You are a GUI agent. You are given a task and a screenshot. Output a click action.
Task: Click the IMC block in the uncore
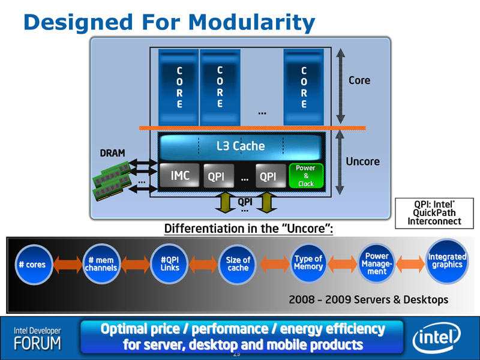pyautogui.click(x=179, y=175)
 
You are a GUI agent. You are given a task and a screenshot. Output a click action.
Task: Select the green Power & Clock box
pyautogui.click(x=306, y=176)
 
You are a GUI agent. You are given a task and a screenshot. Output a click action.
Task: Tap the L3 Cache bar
pyautogui.click(x=241, y=146)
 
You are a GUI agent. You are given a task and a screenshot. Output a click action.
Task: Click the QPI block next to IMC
pyautogui.click(x=218, y=176)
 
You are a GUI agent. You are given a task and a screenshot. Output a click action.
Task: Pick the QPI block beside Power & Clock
pyautogui.click(x=271, y=176)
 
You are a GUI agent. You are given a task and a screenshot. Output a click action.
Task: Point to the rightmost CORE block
pyautogui.click(x=304, y=87)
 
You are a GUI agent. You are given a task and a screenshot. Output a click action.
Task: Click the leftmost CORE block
pyautogui.click(x=179, y=87)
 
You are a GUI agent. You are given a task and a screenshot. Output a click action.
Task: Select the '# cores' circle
pyautogui.click(x=33, y=265)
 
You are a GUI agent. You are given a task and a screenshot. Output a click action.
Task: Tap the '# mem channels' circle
pyautogui.click(x=101, y=264)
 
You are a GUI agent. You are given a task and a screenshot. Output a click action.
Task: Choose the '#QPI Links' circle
pyautogui.click(x=170, y=264)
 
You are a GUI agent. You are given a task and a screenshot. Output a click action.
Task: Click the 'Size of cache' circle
pyautogui.click(x=238, y=264)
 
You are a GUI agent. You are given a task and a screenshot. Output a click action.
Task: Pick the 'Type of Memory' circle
pyautogui.click(x=308, y=263)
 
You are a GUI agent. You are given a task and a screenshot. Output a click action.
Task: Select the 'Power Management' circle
pyautogui.click(x=377, y=263)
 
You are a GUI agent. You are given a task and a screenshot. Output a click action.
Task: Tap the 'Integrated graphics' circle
pyautogui.click(x=447, y=262)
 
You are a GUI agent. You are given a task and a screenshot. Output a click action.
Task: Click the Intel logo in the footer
pyautogui.click(x=437, y=338)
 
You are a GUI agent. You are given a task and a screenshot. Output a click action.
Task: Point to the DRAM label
pyautogui.click(x=112, y=153)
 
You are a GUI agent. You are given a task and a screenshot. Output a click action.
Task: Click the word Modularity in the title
pyautogui.click(x=251, y=22)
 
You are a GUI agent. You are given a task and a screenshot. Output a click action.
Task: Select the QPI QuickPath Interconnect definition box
pyautogui.click(x=434, y=213)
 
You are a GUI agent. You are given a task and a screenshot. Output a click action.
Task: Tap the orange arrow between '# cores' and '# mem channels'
pyautogui.click(x=67, y=265)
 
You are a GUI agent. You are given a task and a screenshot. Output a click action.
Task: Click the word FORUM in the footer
pyautogui.click(x=37, y=343)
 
